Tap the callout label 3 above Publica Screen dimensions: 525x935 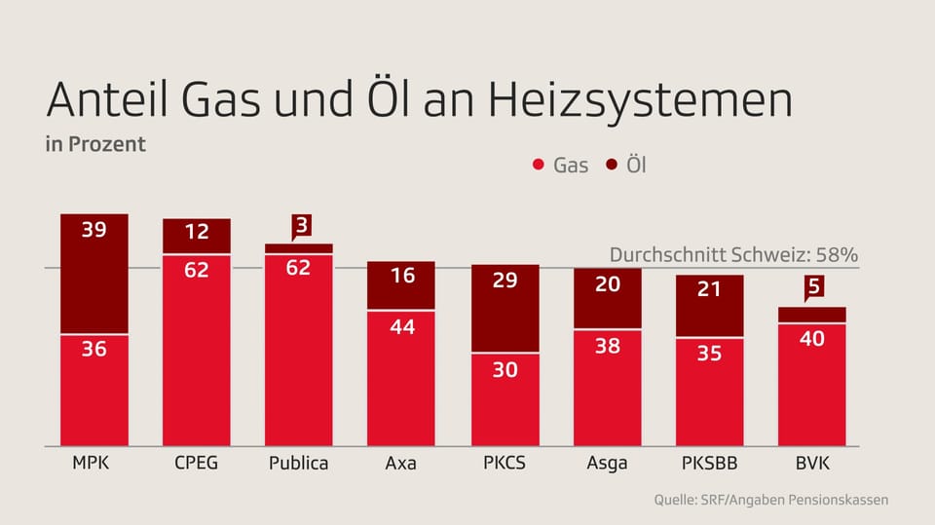coord(301,226)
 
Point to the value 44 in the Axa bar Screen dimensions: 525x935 coord(401,327)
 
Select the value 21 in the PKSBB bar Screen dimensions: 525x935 coord(709,289)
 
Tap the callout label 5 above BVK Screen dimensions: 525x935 coord(812,287)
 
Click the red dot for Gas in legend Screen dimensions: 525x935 coord(538,166)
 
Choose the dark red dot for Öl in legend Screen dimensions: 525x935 coord(612,166)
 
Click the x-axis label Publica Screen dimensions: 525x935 coord(298,464)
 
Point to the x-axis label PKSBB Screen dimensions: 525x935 coord(709,463)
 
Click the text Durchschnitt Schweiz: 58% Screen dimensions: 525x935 coord(732,255)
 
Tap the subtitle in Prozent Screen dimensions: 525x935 coord(95,144)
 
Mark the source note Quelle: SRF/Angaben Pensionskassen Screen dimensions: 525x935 coord(770,500)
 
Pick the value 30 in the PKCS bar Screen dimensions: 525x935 coord(504,370)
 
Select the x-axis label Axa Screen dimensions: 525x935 coord(400,464)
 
